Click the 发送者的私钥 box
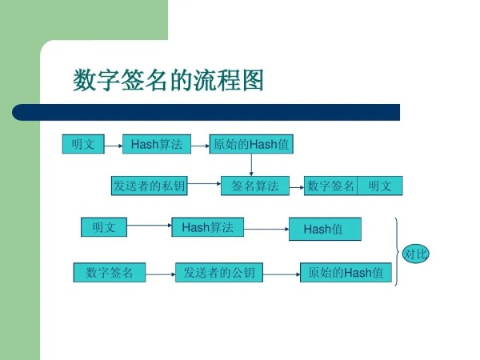pyautogui.click(x=149, y=186)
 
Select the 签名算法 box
pyautogui.click(x=255, y=186)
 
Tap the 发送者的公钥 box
pyautogui.click(x=219, y=272)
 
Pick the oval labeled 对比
pyautogui.click(x=415, y=254)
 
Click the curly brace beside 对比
pyautogui.click(x=397, y=252)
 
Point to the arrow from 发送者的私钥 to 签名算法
pyautogui.click(x=204, y=184)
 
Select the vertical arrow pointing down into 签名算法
pyautogui.click(x=251, y=165)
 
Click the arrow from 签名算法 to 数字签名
pyautogui.click(x=297, y=187)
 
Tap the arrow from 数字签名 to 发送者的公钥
pyautogui.click(x=161, y=274)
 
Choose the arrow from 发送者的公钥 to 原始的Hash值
pyautogui.click(x=282, y=274)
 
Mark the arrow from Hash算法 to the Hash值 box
pyautogui.click(x=266, y=229)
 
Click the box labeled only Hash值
pyautogui.click(x=325, y=229)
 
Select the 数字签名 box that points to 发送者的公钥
pyautogui.click(x=110, y=272)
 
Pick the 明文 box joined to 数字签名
pyautogui.click(x=380, y=186)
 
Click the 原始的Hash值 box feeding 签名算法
pyautogui.click(x=251, y=144)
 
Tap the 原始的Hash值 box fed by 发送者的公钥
pyautogui.click(x=346, y=272)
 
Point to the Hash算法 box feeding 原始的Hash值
pyautogui.click(x=157, y=144)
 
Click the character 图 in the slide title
pyautogui.click(x=253, y=80)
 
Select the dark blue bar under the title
pyautogui.click(x=206, y=112)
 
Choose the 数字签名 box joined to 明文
pyautogui.click(x=330, y=186)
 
